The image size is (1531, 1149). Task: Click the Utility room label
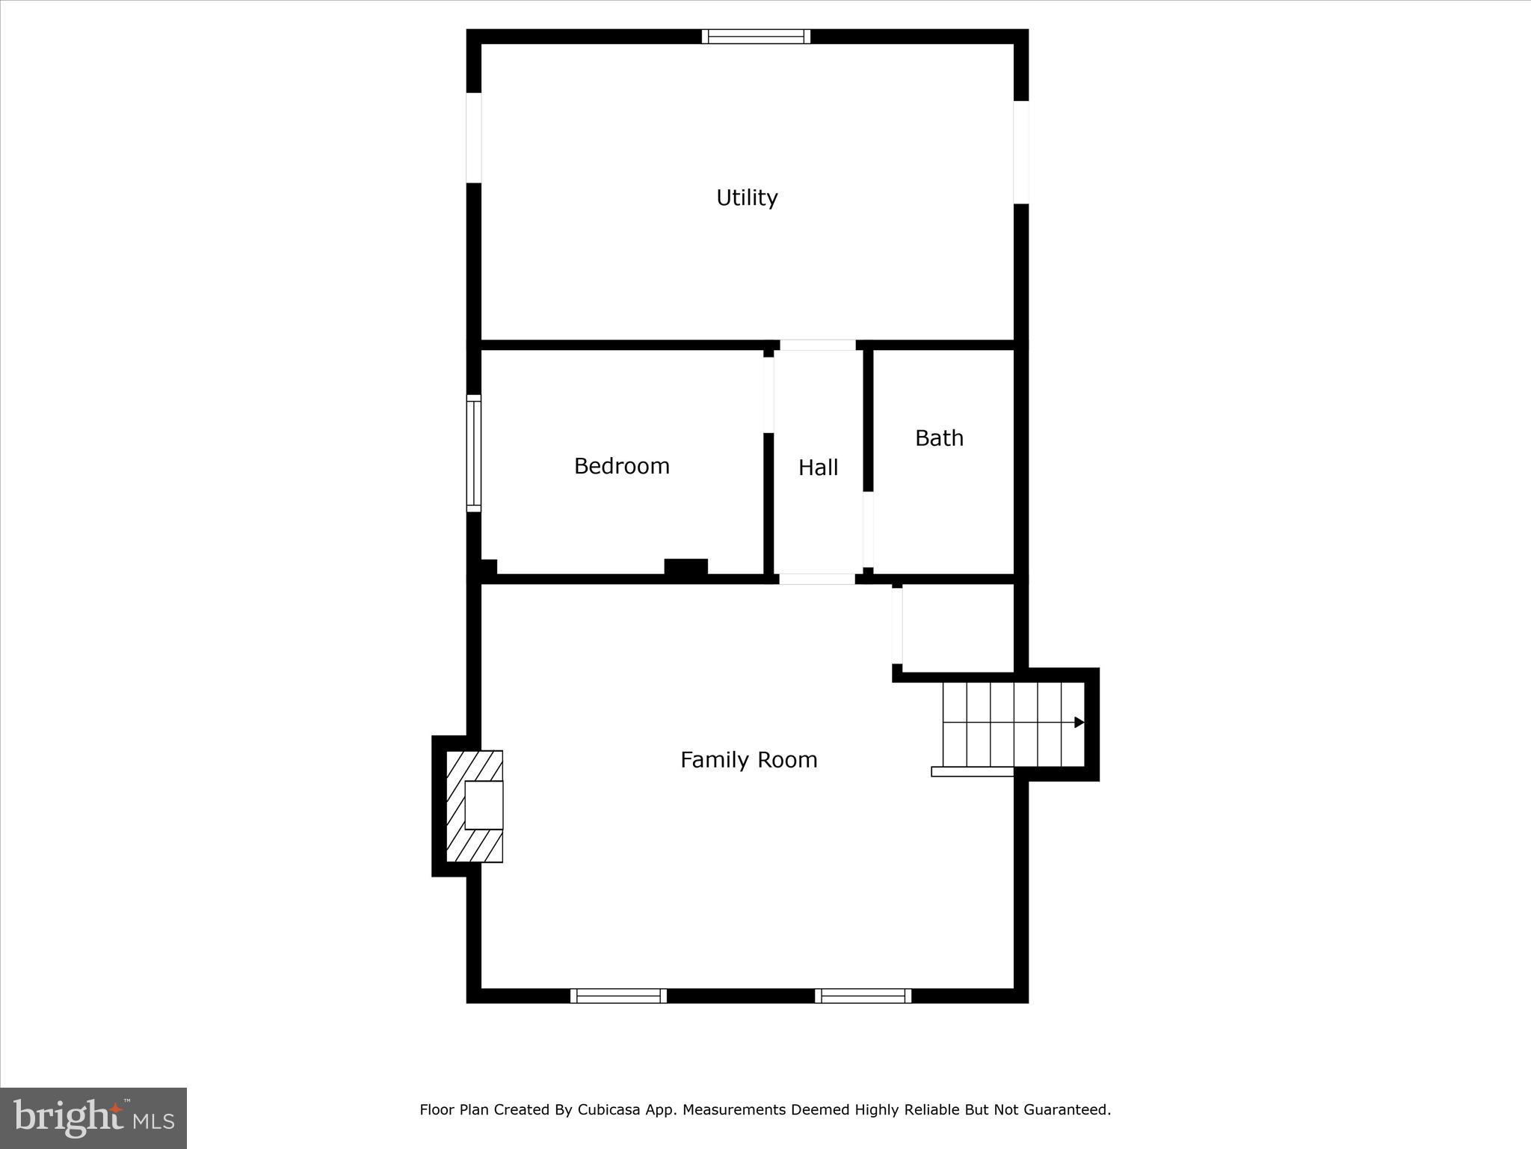click(x=747, y=197)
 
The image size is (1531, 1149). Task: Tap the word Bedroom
click(x=621, y=466)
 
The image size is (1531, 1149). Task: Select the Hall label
click(x=818, y=468)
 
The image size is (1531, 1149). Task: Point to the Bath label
click(x=939, y=438)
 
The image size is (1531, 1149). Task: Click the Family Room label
click(x=748, y=760)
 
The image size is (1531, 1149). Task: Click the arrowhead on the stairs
click(x=1079, y=722)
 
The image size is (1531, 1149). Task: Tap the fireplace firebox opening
click(x=484, y=805)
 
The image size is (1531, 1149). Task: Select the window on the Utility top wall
click(x=756, y=37)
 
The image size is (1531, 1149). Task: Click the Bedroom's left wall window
click(x=474, y=453)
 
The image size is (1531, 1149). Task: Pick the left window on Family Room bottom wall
click(x=618, y=996)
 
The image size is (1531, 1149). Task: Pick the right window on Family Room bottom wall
click(x=863, y=996)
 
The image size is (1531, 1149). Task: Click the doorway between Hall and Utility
click(x=818, y=345)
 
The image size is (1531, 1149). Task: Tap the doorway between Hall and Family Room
click(x=817, y=579)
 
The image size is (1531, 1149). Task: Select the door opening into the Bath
click(x=868, y=529)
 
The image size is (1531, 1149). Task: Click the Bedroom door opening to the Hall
click(x=768, y=395)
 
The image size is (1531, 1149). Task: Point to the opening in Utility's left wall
click(x=474, y=138)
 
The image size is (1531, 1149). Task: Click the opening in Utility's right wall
click(x=1021, y=152)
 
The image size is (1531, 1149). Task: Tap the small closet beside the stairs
click(x=958, y=628)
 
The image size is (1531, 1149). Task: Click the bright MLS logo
click(x=93, y=1118)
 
